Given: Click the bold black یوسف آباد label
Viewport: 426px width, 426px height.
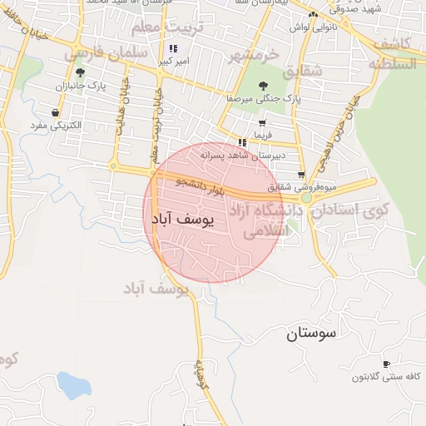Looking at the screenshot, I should coord(183,219).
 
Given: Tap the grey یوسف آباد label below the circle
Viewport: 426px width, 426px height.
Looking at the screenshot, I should coord(156,289).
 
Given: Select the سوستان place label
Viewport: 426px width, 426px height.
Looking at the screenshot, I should coord(311,334).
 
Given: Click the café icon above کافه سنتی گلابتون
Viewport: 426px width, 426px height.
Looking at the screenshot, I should coord(385,364).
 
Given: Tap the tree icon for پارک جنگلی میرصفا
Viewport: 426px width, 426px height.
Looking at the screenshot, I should coord(264,85).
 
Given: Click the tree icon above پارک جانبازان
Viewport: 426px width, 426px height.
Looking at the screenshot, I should coord(80,72).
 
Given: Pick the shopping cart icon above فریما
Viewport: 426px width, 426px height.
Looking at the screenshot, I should coord(262,122).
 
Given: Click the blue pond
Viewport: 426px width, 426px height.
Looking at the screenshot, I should coord(74,386).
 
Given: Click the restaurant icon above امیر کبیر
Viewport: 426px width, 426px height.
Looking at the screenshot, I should coord(173,49).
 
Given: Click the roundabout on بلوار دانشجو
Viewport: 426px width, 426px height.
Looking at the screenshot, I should coord(307,198).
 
